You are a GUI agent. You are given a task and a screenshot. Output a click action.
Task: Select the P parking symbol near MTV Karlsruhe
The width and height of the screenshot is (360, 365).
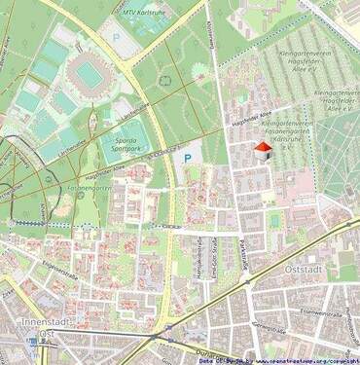click(x=117, y=36)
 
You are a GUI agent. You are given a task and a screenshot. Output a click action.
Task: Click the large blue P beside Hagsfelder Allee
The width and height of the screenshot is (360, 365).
click(x=187, y=155)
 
